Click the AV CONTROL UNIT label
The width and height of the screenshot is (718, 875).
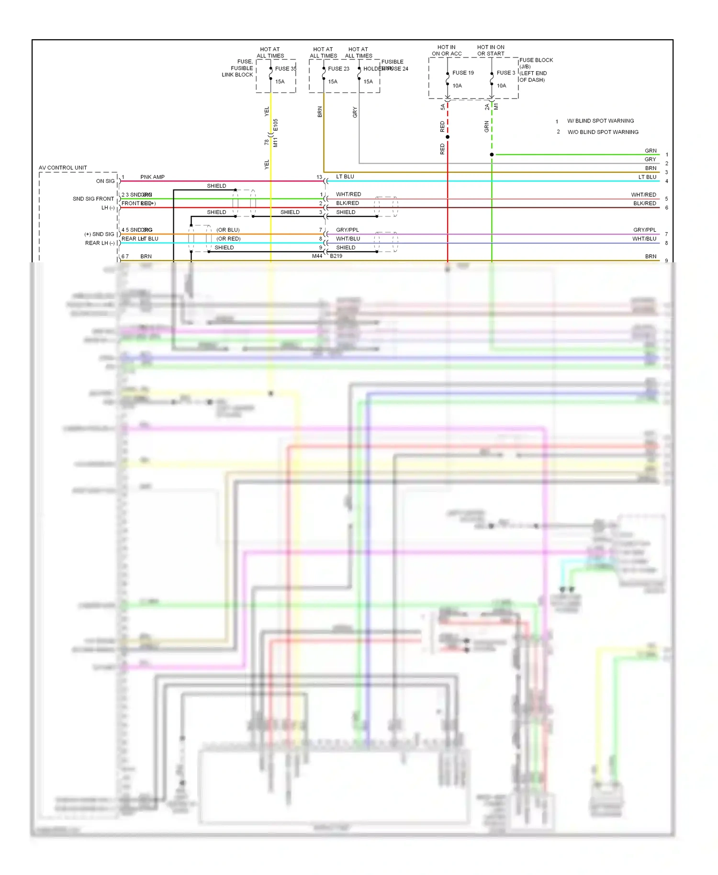click(63, 168)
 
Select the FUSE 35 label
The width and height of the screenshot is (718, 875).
click(285, 68)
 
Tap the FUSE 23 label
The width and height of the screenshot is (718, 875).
click(338, 68)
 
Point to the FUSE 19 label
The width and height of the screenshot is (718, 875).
click(463, 73)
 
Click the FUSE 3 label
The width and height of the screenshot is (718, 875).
click(505, 73)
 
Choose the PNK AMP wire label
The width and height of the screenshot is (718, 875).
click(152, 177)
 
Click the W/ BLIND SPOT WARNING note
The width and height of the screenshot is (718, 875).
click(600, 121)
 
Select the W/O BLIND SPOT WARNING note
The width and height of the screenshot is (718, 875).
click(603, 132)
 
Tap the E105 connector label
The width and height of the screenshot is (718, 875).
click(275, 125)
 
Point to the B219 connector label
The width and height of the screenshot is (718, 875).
click(336, 256)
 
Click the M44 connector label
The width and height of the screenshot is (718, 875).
click(317, 256)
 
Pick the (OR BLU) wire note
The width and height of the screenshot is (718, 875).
click(228, 230)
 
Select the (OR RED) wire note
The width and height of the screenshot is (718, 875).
click(228, 239)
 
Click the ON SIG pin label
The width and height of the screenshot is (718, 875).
click(105, 181)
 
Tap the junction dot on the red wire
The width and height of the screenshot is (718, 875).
click(448, 137)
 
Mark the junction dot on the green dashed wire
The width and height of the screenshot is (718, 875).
click(492, 155)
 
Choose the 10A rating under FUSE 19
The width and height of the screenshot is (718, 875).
click(457, 86)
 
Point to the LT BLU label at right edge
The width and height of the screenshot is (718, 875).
click(647, 177)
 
